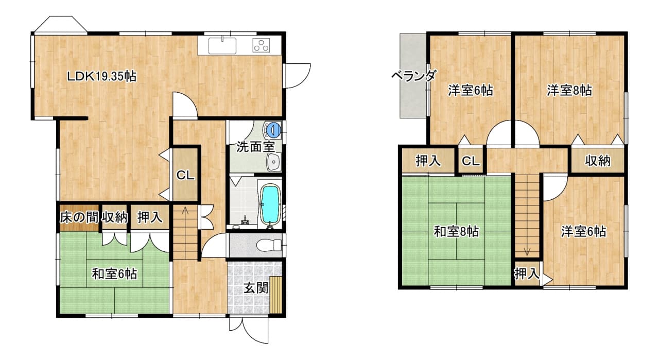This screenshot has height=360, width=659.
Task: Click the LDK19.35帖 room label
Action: [x=102, y=77]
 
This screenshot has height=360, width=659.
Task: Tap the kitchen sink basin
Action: [x=222, y=46]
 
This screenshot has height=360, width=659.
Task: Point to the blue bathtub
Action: [x=270, y=205]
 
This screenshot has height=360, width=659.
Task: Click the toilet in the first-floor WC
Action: [x=269, y=245]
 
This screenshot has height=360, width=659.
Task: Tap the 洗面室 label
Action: [x=255, y=147]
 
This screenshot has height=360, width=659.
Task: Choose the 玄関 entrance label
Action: [x=256, y=288]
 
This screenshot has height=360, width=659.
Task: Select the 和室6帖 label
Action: [x=114, y=274]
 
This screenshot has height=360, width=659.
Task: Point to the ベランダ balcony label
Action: [x=413, y=76]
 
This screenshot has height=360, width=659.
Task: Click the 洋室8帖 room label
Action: [x=569, y=90]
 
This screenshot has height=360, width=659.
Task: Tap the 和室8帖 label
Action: [x=457, y=232]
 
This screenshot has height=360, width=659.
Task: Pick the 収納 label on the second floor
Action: [x=598, y=161]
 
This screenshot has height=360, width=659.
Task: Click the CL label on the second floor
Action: [x=471, y=161]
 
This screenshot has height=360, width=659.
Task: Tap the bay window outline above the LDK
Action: [x=61, y=24]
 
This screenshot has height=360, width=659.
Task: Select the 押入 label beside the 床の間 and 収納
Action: [x=150, y=217]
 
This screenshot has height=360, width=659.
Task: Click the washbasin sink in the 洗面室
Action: [x=274, y=162]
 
